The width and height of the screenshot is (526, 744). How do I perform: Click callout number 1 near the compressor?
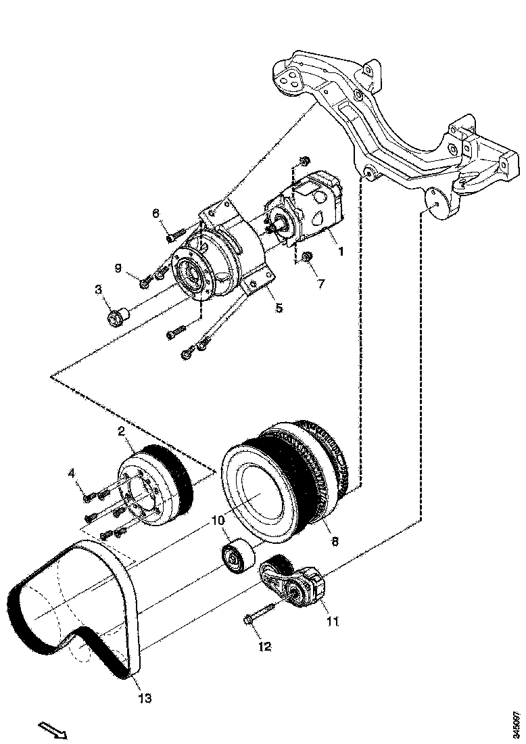(x=340, y=251)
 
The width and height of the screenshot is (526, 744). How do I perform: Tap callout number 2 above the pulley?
(x=121, y=431)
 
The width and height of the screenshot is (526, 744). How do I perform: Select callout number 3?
(x=98, y=291)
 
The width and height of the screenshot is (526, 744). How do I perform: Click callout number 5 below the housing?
(x=279, y=308)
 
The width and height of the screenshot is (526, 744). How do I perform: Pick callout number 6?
(x=156, y=213)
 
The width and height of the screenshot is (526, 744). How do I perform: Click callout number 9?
(x=118, y=269)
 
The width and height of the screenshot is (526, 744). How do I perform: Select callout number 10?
(x=216, y=520)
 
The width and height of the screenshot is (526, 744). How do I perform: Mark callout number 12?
(x=264, y=647)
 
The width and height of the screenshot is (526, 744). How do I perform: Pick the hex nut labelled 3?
(x=119, y=315)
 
